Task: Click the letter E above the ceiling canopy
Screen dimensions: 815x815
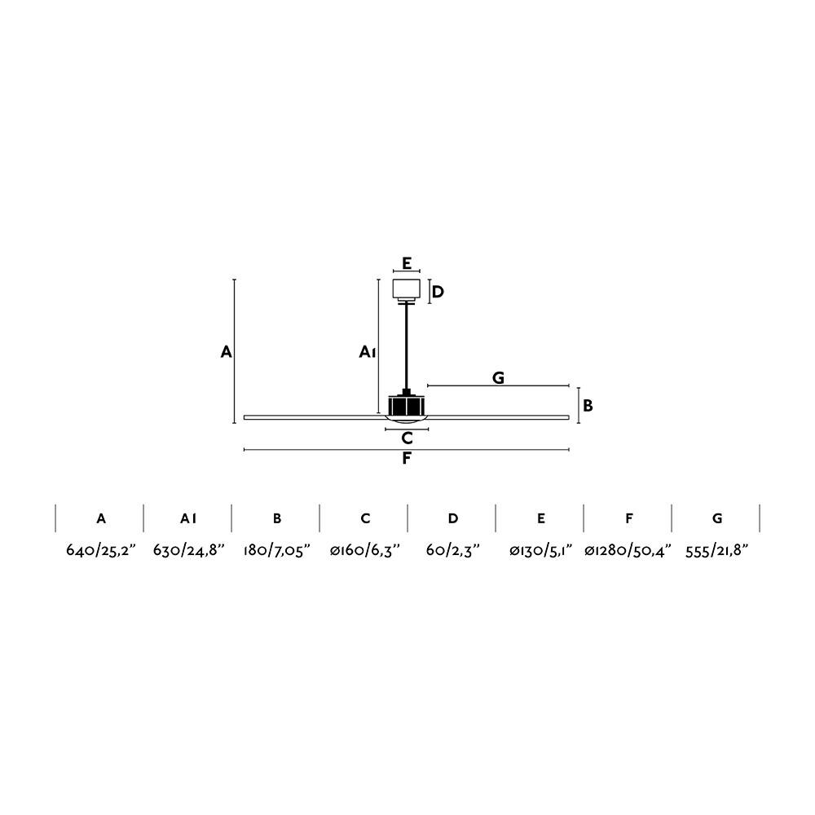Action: pos(407,263)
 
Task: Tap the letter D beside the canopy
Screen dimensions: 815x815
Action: pos(438,292)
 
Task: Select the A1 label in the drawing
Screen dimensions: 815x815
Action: pos(367,352)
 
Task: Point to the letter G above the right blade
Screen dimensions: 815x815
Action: pos(498,377)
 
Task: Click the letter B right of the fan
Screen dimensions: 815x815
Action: pos(588,405)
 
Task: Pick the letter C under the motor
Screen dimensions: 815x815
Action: pos(407,438)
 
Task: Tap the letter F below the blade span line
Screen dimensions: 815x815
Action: pos(407,458)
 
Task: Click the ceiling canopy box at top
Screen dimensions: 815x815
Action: pos(407,289)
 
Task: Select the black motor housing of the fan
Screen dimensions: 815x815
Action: pos(407,405)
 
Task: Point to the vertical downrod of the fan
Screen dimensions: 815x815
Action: pos(407,345)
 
